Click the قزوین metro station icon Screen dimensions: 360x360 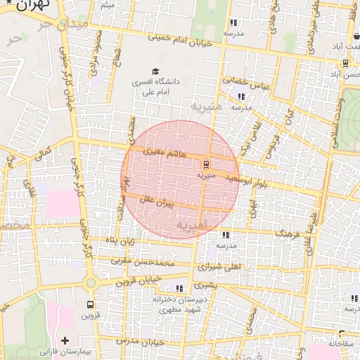[90, 305]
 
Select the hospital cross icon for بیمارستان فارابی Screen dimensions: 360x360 [65, 340]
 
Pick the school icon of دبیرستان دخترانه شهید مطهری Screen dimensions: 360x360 [180, 288]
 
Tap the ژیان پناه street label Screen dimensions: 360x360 [120, 243]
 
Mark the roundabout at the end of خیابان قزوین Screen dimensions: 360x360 [90, 283]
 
